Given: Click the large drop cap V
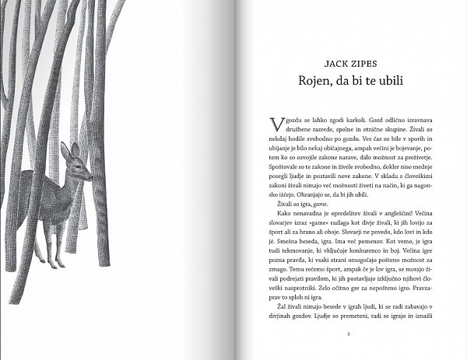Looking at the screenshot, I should point(273,124).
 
